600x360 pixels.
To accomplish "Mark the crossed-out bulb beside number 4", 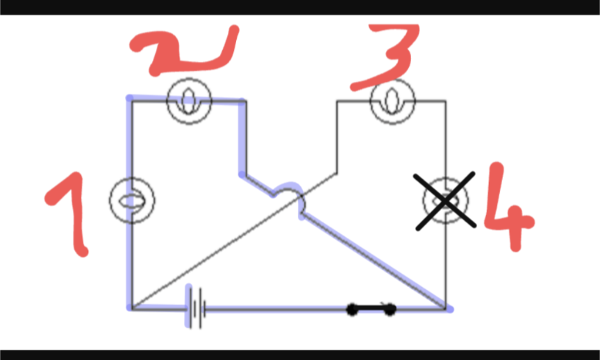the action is (445, 200).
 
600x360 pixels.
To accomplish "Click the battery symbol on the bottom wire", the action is (196, 308).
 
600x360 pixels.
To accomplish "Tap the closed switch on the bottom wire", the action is (371, 309).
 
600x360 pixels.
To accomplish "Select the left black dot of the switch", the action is (352, 309).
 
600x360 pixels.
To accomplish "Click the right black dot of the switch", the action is (390, 309).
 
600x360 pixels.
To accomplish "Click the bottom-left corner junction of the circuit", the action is (132, 309).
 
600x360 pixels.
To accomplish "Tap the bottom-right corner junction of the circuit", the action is (446, 309).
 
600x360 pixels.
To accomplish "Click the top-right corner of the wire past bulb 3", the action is (446, 101).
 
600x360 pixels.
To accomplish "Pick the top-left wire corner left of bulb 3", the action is (337, 101).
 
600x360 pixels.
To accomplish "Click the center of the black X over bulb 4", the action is (445, 201).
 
